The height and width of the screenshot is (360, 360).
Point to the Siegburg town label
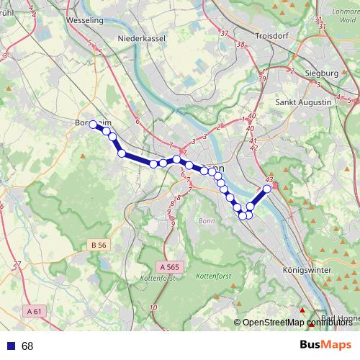[x=321, y=73]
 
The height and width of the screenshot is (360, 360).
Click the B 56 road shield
[x=99, y=246]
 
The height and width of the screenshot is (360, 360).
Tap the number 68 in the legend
[x=27, y=346]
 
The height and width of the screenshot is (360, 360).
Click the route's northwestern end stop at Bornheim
[x=93, y=125]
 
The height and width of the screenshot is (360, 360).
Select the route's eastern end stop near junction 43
[x=267, y=189]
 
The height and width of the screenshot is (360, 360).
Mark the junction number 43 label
[x=269, y=179]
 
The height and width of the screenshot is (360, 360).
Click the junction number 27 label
[x=17, y=264]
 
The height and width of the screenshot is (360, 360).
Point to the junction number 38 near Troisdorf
[x=240, y=44]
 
